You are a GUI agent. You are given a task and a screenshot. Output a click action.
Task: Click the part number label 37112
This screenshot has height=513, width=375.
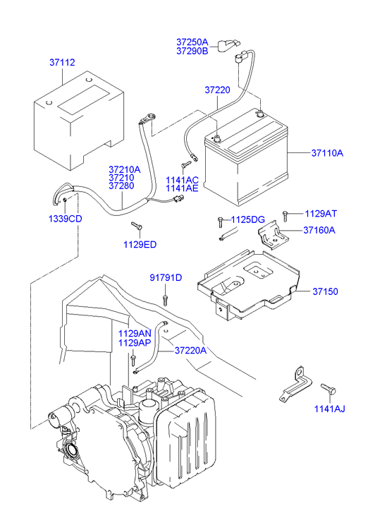(62, 63)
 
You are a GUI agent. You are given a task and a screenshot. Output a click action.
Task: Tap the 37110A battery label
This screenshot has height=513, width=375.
(327, 153)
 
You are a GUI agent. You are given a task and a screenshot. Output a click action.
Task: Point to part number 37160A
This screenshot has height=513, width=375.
(319, 230)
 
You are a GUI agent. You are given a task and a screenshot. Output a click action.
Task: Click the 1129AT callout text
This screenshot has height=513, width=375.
(321, 213)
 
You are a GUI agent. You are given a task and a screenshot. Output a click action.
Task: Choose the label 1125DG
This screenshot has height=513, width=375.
(248, 219)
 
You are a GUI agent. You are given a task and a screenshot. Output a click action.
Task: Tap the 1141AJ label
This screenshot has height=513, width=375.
(330, 408)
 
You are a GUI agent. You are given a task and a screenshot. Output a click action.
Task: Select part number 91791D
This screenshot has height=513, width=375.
(165, 277)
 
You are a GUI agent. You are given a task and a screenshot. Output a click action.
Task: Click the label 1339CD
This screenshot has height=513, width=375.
(65, 218)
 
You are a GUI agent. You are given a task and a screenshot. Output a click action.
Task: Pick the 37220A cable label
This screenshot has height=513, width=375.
(190, 350)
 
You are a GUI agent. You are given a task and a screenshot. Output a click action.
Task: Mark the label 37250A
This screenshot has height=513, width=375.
(192, 42)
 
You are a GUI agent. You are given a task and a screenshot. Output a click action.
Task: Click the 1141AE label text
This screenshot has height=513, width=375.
(182, 189)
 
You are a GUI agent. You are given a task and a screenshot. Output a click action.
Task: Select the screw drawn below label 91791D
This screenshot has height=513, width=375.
(165, 300)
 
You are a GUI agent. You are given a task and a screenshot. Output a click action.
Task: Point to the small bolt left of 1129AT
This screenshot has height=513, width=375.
(285, 214)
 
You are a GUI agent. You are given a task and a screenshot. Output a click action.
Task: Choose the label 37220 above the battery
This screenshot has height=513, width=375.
(218, 90)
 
